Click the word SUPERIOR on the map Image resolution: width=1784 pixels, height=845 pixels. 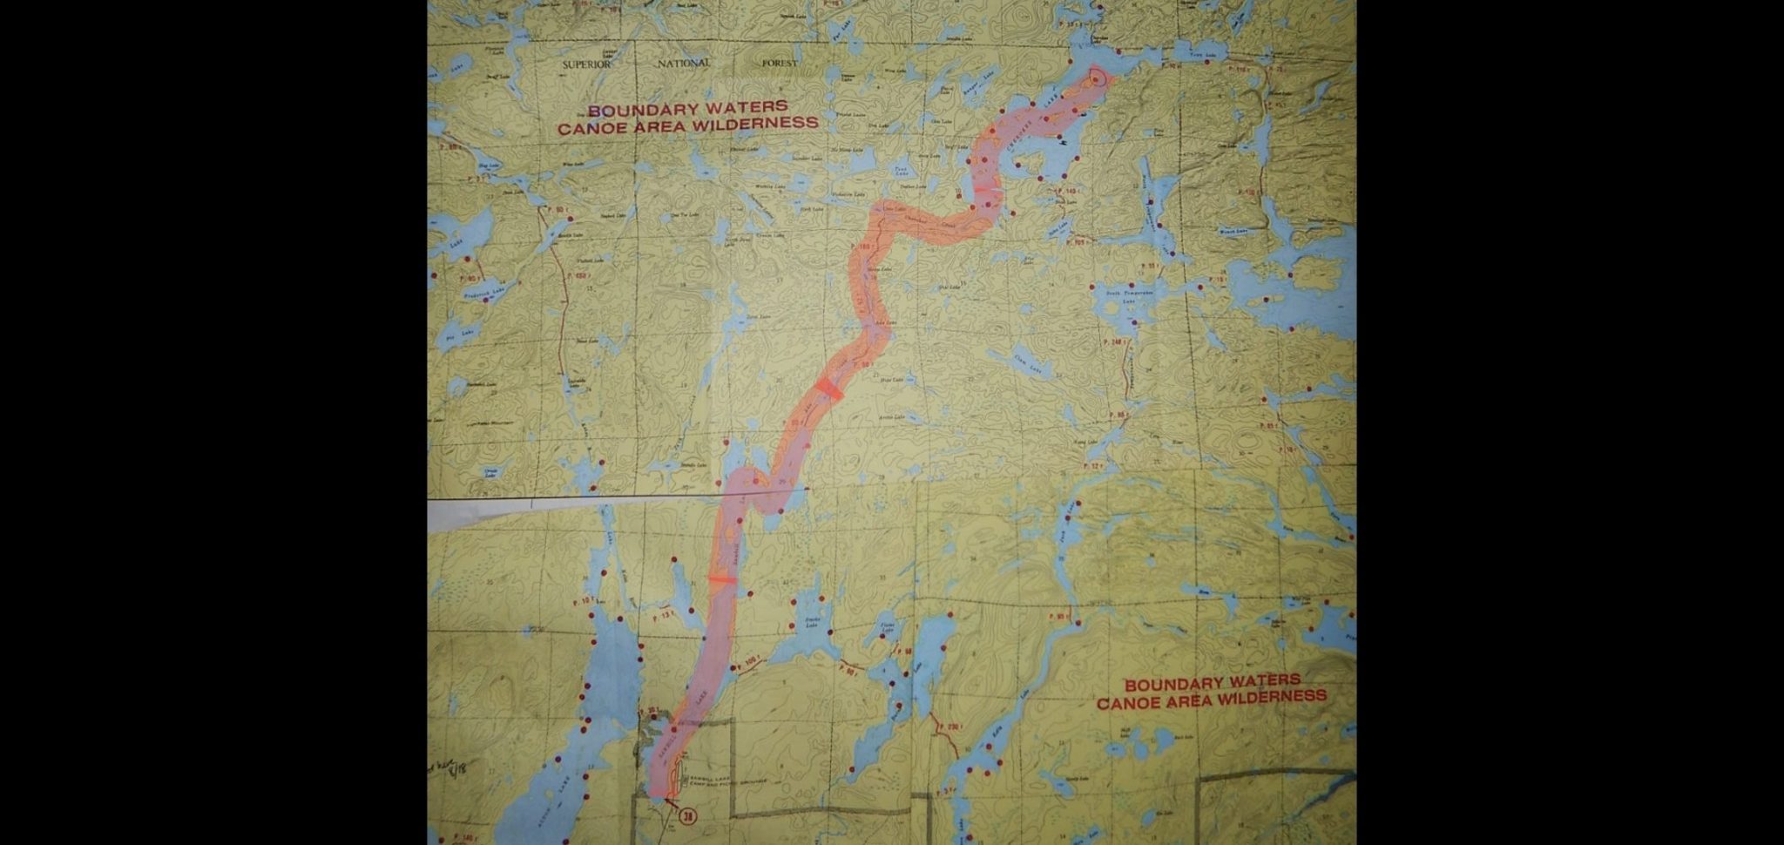(586, 64)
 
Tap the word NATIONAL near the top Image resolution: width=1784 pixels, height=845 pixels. (683, 64)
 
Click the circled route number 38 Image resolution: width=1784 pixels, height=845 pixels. (689, 817)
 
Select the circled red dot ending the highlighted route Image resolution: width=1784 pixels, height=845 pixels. (1095, 77)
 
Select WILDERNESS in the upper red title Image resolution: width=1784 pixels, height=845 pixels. (760, 124)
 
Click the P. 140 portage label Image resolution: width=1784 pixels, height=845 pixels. (462, 838)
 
